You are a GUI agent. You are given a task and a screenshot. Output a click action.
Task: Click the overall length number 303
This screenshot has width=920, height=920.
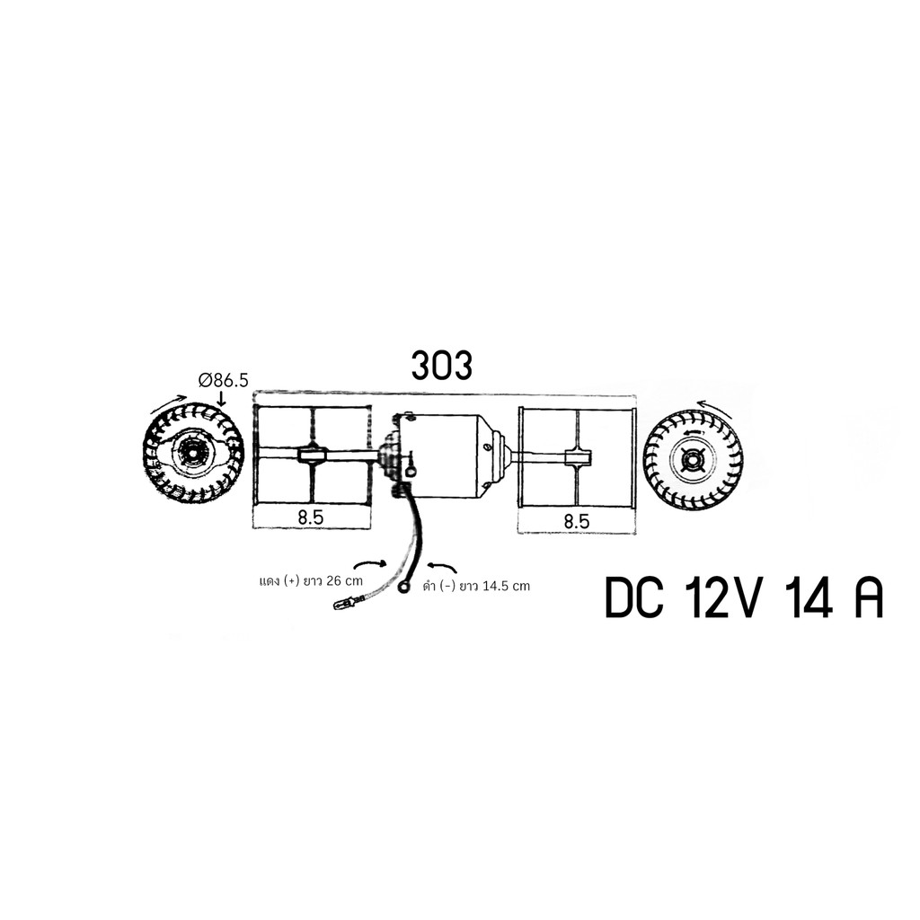click(x=442, y=366)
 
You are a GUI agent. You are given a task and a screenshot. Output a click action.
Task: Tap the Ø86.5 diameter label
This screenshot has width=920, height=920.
click(x=224, y=381)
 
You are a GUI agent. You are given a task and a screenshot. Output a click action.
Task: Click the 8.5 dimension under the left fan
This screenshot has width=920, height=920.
click(x=310, y=518)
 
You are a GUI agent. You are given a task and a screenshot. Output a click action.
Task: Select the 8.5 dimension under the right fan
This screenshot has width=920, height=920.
click(x=576, y=521)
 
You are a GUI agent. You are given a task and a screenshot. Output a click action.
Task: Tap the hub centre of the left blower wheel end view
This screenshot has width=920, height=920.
click(x=192, y=451)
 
